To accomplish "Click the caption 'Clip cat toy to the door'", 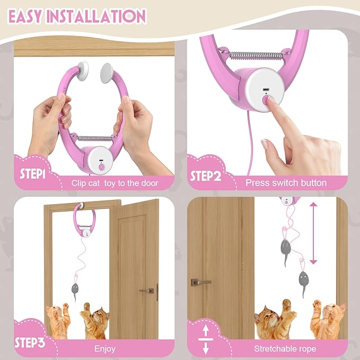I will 115,183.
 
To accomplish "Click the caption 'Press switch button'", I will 286,183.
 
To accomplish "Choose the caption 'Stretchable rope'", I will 286,348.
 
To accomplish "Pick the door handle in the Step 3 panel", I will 147,291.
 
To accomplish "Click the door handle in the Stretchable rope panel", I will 200,282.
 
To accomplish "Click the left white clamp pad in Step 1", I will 83,68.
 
